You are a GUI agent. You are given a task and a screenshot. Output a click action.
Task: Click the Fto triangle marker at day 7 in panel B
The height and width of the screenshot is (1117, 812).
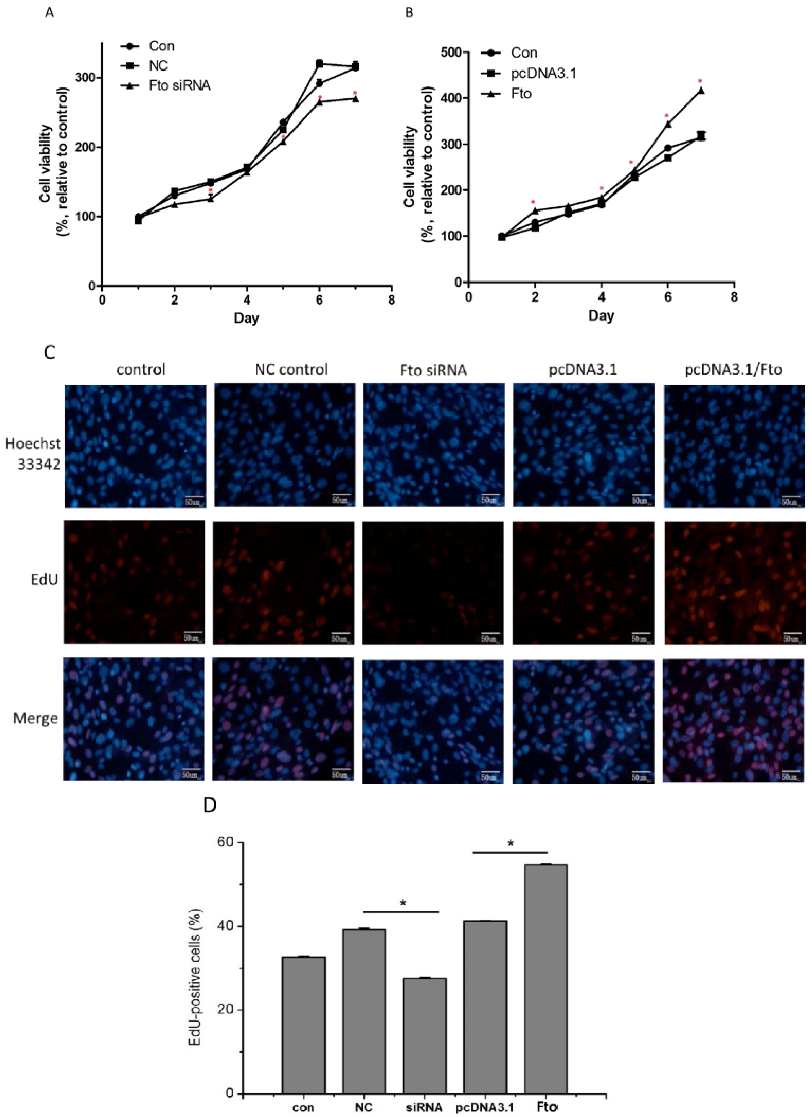coord(701,91)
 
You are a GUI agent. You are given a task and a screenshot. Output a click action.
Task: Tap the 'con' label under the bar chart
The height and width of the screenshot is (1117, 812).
coord(303,1107)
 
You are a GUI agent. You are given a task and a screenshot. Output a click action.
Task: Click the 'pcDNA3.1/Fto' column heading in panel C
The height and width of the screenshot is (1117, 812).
coord(733,370)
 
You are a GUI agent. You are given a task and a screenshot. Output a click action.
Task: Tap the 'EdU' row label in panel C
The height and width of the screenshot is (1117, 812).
coord(44,580)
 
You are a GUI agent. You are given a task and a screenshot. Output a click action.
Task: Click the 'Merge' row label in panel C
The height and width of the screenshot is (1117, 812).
coord(36,719)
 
